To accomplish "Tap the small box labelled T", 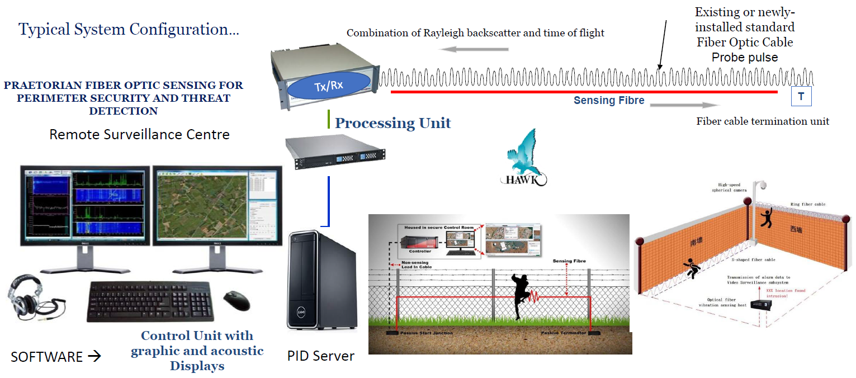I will (801, 97).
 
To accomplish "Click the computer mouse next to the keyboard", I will (237, 300).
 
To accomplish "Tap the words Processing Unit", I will (392, 123).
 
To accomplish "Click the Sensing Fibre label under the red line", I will (609, 101).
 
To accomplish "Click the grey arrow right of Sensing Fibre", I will (685, 105).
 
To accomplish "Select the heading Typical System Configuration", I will (129, 29).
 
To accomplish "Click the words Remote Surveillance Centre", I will (139, 135).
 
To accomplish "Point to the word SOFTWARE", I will (47, 356).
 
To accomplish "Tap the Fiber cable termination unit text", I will (763, 121).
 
